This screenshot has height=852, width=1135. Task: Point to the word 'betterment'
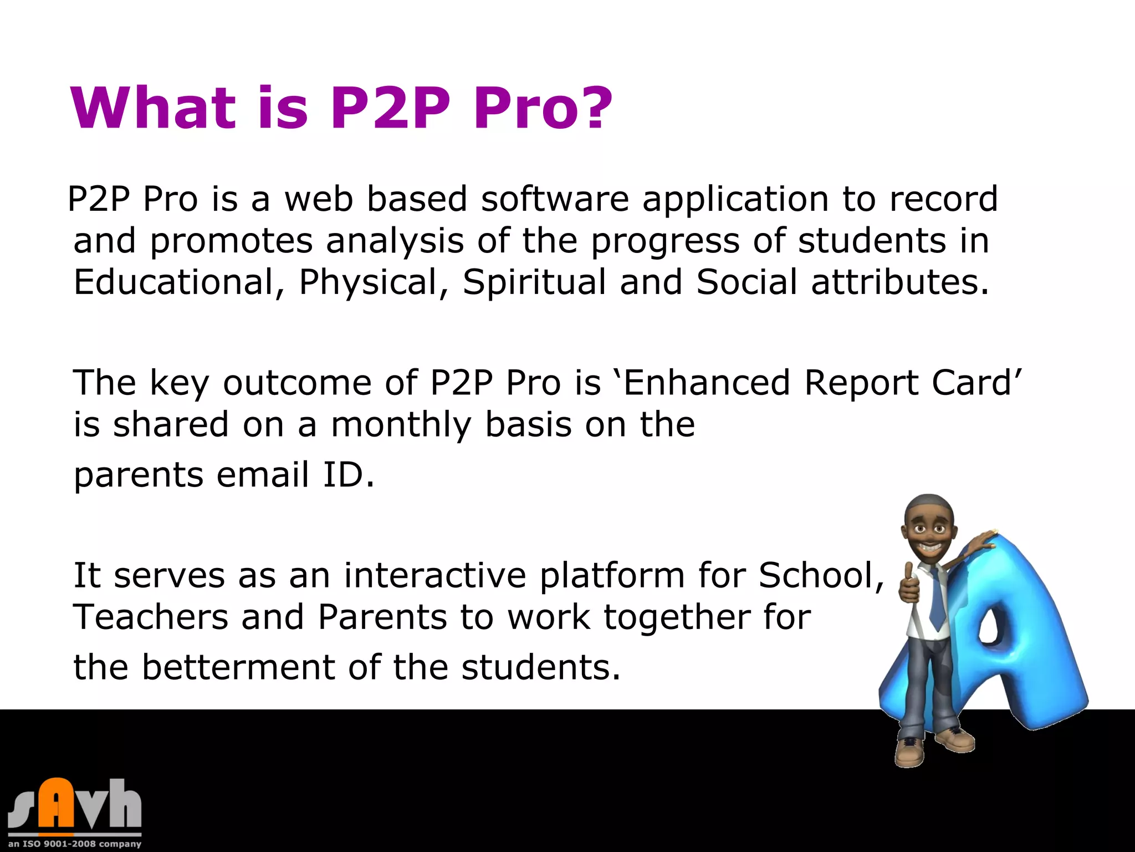point(238,667)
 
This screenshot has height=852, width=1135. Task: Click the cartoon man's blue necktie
point(936,599)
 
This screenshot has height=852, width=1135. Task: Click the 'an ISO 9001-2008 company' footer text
point(75,844)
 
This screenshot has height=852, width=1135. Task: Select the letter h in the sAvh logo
point(124,804)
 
